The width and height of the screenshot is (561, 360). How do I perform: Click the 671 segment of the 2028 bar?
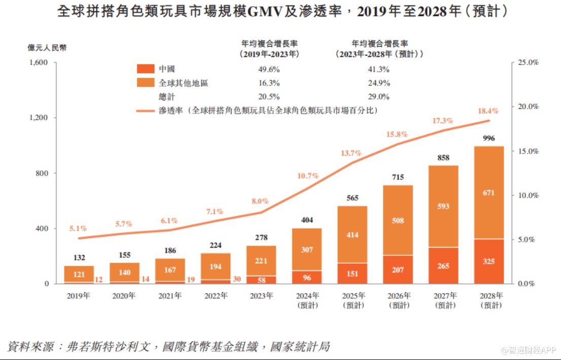(488, 193)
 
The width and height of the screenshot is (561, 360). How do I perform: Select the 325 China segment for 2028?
(488, 262)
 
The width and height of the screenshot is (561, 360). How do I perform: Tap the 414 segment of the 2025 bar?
(352, 235)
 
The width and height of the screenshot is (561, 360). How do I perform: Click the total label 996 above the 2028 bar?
(488, 138)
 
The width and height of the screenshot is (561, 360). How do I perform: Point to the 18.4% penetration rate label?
(488, 111)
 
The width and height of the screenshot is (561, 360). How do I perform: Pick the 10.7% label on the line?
(308, 176)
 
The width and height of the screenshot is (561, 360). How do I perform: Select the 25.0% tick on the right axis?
(528, 62)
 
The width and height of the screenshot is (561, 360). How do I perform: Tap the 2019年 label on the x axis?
(78, 296)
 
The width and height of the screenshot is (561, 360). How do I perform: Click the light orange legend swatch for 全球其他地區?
(145, 83)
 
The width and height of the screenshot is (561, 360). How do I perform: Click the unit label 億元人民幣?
(47, 48)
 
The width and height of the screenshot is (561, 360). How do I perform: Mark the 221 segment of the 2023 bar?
(261, 261)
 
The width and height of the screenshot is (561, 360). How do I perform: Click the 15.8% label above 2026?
(397, 134)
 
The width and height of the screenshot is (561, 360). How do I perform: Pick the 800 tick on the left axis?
(43, 173)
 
